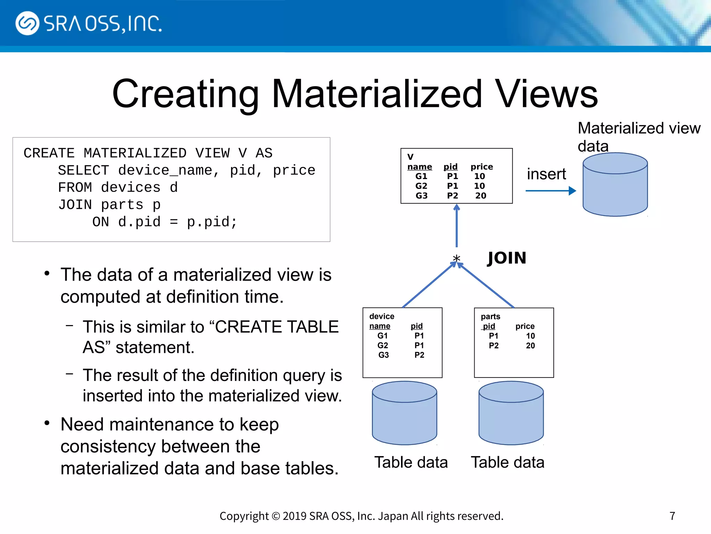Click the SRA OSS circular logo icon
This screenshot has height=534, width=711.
[27, 23]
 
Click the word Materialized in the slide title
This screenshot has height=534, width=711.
[376, 94]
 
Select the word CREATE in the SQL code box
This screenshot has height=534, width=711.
[49, 153]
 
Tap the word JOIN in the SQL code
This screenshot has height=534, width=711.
[75, 204]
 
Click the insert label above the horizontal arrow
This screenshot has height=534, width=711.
[546, 174]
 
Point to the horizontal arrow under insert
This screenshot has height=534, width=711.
[550, 191]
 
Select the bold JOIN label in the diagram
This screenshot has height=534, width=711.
[507, 258]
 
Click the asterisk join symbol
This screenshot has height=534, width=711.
[456, 259]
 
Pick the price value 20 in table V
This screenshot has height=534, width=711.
[480, 196]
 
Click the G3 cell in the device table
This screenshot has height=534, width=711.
[383, 355]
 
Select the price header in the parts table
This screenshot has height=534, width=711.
[525, 326]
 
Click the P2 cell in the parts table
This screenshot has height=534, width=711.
[493, 346]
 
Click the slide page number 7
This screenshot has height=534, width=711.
[672, 516]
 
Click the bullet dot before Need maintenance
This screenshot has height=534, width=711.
[47, 423]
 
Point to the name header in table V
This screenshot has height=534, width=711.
[419, 167]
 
